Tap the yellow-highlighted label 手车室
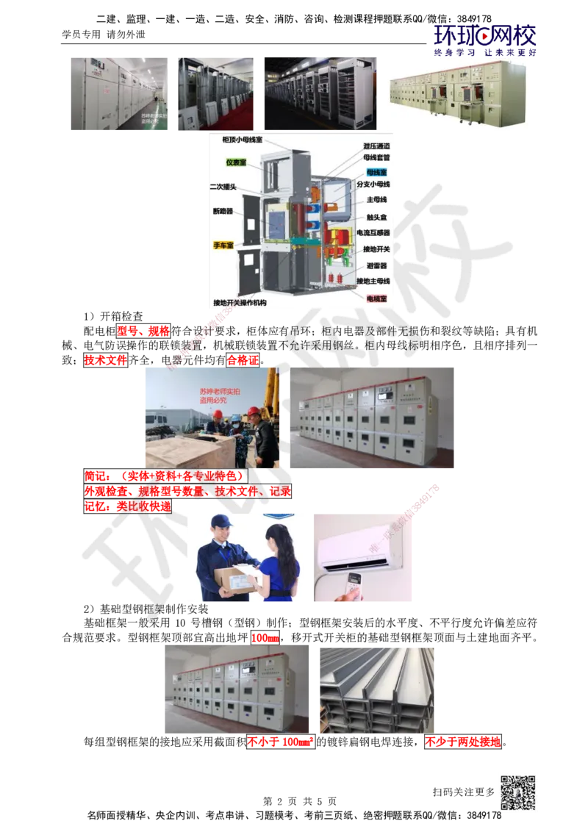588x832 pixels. pyautogui.click(x=223, y=245)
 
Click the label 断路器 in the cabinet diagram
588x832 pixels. pyautogui.click(x=223, y=212)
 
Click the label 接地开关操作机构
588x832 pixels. pyautogui.click(x=240, y=302)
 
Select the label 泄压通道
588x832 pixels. pyautogui.click(x=376, y=146)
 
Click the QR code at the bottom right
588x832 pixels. pyautogui.click(x=517, y=793)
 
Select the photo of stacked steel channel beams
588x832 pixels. pyautogui.click(x=376, y=690)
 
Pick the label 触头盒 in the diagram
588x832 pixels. pyautogui.click(x=377, y=217)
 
